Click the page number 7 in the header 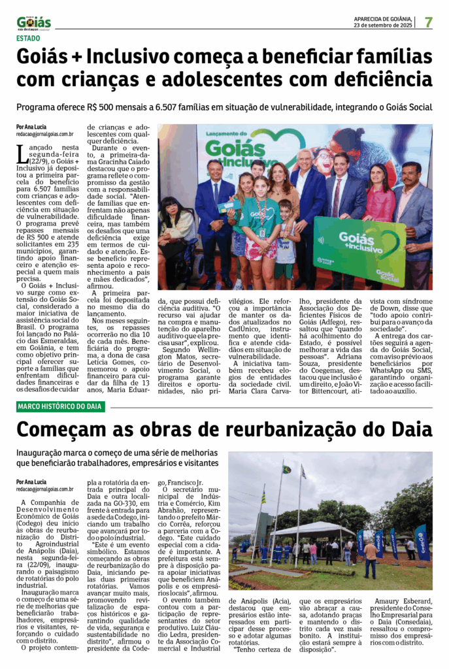429,22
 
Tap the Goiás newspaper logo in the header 34,23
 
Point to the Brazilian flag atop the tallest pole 287,469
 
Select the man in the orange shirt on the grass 371,555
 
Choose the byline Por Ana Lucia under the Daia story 31,481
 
